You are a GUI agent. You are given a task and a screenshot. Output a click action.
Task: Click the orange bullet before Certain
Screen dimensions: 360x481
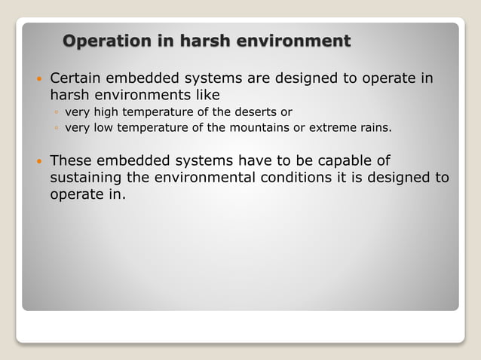(x=38, y=79)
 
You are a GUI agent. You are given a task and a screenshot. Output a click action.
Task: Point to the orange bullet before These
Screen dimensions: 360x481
(x=38, y=160)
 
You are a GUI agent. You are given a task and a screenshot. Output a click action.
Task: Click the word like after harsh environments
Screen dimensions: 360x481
(x=208, y=96)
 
